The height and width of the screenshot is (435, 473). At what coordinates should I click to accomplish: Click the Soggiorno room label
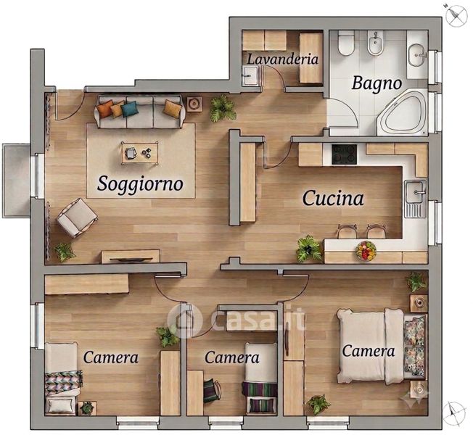[x=140, y=183]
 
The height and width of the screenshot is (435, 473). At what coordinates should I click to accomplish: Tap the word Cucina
[x=333, y=199]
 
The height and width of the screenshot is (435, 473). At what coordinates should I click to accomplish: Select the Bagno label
[x=377, y=83]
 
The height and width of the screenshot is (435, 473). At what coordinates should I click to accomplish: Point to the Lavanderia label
[x=283, y=59]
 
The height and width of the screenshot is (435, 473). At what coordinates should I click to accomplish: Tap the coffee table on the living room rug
[x=140, y=153]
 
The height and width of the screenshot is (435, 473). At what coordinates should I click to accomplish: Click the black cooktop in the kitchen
[x=344, y=154]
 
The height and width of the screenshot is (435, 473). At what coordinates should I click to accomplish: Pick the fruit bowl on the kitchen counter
[x=366, y=250]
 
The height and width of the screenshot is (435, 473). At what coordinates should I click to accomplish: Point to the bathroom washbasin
[x=418, y=55]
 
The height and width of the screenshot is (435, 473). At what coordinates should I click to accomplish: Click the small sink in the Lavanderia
[x=250, y=75]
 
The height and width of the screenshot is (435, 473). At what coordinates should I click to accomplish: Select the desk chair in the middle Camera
[x=212, y=391]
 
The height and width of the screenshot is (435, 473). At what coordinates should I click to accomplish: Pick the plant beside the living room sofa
[x=223, y=109]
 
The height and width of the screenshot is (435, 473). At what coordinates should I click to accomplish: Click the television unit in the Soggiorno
[x=131, y=257]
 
